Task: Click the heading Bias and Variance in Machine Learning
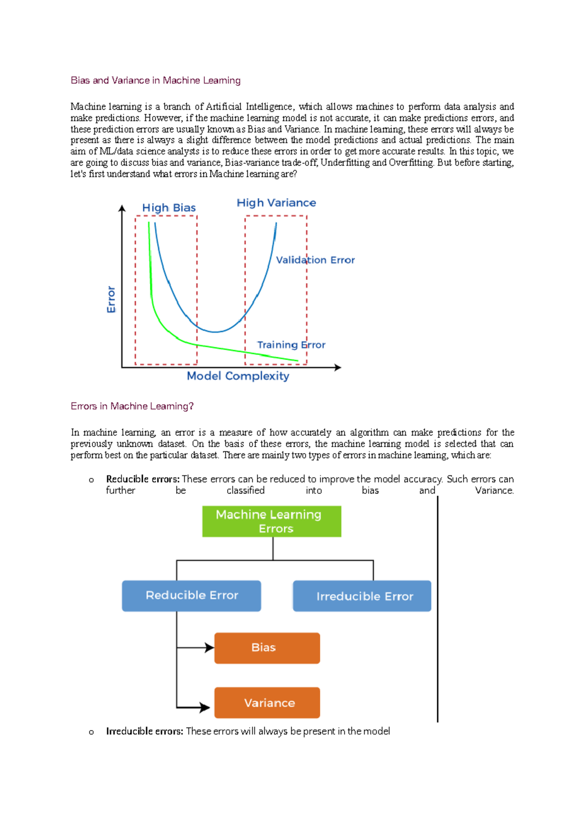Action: [156, 80]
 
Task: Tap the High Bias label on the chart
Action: [169, 208]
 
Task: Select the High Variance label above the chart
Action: [276, 203]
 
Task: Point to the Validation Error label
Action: [315, 260]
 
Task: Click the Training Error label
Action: [291, 345]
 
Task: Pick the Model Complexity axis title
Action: [238, 376]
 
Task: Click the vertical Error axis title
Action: [111, 299]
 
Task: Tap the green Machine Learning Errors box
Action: [272, 521]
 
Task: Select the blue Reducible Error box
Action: [191, 595]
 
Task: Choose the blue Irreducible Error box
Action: [362, 596]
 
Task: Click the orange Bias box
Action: [267, 648]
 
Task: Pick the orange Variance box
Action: [267, 703]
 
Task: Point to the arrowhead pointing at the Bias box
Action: [210, 648]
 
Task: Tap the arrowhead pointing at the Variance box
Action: [205, 707]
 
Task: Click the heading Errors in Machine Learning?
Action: [132, 406]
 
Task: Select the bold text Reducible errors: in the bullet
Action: [143, 479]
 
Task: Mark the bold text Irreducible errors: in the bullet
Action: [145, 731]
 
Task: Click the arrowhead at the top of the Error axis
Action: [122, 208]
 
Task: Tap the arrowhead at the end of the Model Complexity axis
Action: [337, 367]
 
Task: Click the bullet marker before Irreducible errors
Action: [91, 732]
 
